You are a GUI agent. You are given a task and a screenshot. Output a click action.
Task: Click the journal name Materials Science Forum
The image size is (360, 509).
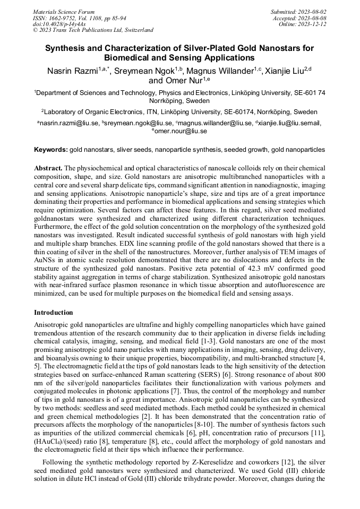(64, 11)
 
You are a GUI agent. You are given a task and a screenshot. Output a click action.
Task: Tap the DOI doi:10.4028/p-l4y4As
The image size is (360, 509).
(59, 24)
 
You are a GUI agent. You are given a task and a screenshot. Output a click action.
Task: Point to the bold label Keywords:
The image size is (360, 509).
(50, 150)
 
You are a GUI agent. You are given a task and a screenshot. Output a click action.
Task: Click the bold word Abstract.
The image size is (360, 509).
(48, 167)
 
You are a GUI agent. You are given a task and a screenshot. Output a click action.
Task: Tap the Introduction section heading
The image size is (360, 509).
(54, 313)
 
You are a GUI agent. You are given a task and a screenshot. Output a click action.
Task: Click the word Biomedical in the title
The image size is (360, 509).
(132, 57)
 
